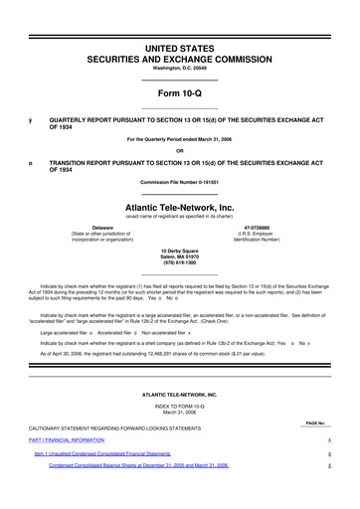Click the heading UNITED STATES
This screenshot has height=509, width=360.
179,48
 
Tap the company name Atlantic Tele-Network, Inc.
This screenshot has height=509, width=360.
179,207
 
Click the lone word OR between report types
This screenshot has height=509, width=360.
179,152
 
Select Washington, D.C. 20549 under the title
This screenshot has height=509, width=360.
179,70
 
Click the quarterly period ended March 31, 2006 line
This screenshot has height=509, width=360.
179,140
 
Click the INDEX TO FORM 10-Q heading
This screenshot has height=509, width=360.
179,407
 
